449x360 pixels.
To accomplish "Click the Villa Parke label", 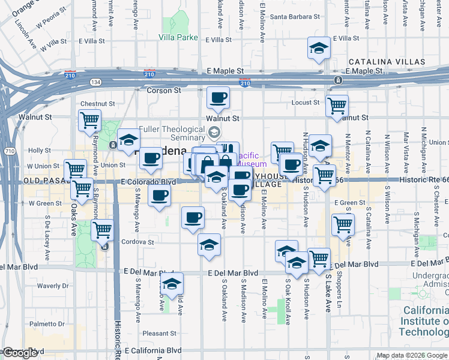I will coord(178,37).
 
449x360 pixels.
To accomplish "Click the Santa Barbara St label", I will coord(290,16).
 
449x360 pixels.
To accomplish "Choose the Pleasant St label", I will coord(158,333).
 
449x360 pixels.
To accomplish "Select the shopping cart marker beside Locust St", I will coord(337,106).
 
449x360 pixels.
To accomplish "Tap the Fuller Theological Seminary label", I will coord(172,133).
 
